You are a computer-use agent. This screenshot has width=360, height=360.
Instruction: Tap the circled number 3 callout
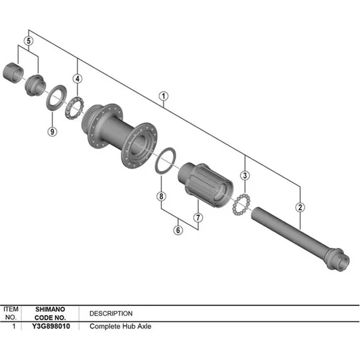(x=244, y=174)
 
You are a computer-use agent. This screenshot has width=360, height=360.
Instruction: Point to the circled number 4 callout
(x=77, y=79)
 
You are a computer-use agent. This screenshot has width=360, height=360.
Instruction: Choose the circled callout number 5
(x=28, y=41)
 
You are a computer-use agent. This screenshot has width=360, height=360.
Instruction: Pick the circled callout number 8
(x=161, y=196)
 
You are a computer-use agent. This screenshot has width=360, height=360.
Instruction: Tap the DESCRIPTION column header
(x=111, y=313)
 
